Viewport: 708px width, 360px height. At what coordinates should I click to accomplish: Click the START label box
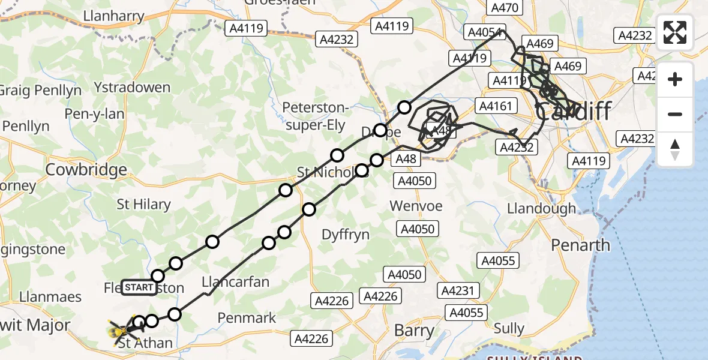(139, 287)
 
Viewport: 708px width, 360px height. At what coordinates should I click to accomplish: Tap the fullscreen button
(675, 32)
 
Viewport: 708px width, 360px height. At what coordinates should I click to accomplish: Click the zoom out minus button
(675, 114)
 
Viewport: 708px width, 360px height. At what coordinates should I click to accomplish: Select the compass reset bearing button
(675, 149)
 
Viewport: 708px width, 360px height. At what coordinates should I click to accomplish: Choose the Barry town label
(414, 330)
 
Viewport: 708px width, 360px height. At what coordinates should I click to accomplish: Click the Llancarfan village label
(235, 282)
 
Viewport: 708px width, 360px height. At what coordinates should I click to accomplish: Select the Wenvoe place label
(416, 206)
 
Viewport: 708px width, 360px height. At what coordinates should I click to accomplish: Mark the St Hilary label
(143, 205)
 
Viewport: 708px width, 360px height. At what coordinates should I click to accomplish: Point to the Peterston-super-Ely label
(316, 116)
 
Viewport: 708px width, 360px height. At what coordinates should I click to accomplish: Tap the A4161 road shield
(495, 106)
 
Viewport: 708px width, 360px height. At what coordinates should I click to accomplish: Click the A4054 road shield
(485, 32)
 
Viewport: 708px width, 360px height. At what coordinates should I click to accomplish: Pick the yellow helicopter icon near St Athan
(119, 329)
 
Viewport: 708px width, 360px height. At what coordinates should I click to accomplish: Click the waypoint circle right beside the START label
(158, 276)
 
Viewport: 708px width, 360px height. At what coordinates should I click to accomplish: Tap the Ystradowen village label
(134, 88)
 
